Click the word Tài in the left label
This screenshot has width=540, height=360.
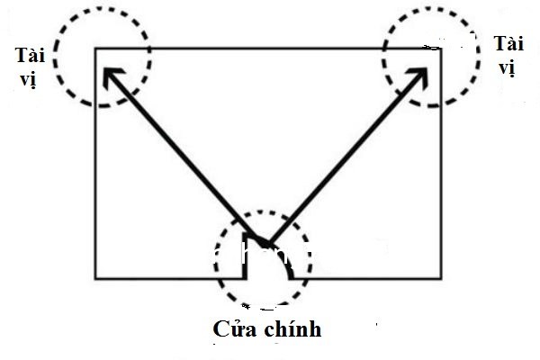pos(30,55)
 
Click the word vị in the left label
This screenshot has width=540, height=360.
pos(28,79)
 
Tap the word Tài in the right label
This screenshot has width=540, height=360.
pos(509,43)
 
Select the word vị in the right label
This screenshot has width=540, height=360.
pos(507,67)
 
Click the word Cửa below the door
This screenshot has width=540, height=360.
pos(235,328)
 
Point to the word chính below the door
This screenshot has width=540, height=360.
pos(293,329)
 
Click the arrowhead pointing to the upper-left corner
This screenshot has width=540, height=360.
pos(112,76)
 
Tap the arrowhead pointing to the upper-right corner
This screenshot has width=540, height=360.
pos(418,76)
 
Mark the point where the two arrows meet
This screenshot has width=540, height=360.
pos(268,244)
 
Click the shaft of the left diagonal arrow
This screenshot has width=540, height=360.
pos(186,156)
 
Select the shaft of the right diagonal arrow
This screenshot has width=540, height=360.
pos(347,156)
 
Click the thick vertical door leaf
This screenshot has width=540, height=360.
pos(245,256)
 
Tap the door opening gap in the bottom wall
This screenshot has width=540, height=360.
pos(269,278)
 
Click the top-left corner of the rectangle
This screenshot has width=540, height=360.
pos(95,49)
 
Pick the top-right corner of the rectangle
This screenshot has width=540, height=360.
pos(441,49)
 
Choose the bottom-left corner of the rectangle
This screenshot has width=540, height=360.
pos(95,278)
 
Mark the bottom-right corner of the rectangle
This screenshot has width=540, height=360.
pos(441,278)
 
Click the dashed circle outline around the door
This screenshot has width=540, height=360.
pos(215,258)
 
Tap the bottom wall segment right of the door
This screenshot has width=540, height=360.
pos(366,278)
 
